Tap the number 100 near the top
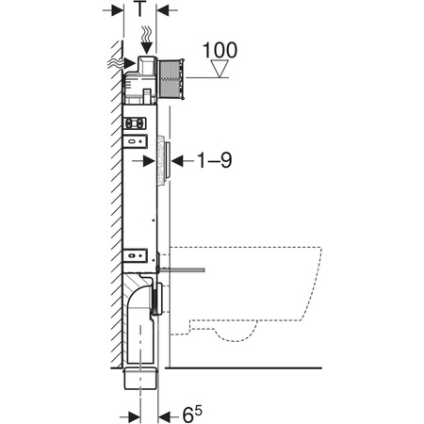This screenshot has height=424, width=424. tap(219, 49)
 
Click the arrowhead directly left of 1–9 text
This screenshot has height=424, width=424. tap(175, 161)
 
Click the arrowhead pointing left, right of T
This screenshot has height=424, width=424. tap(163, 10)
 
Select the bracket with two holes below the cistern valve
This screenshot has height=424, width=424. tap(136, 122)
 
